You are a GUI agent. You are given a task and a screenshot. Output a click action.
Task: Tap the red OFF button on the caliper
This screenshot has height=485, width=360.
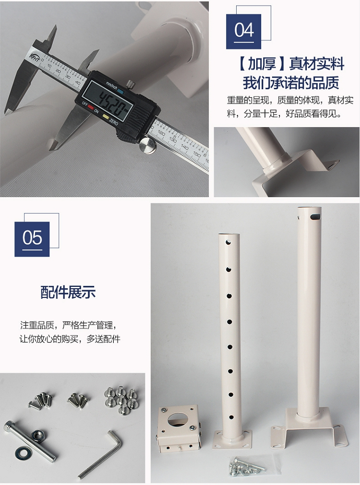tap(91, 107)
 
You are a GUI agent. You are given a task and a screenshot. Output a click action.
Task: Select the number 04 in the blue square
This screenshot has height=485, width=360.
tap(244, 30)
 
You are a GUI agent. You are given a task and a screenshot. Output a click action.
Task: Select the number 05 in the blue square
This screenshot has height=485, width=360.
tap(32, 238)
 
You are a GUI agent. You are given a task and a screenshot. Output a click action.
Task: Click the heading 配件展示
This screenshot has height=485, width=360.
tap(68, 292)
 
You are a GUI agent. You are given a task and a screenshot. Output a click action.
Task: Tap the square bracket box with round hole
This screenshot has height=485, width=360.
tap(178, 428)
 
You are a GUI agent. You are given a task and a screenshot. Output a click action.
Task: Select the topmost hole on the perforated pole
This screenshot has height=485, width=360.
tap(229, 242)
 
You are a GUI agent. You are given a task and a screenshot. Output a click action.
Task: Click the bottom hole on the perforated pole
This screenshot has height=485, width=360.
tap(230, 417)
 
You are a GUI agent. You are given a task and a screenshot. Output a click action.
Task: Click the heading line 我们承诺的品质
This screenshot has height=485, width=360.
tap(291, 83)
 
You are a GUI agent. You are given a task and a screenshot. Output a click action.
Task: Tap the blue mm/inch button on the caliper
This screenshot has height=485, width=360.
tap(120, 91)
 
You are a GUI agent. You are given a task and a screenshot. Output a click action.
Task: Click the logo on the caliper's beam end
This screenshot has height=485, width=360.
tap(34, 57)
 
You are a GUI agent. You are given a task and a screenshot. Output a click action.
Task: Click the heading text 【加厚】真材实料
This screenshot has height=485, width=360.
tap(291, 64)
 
